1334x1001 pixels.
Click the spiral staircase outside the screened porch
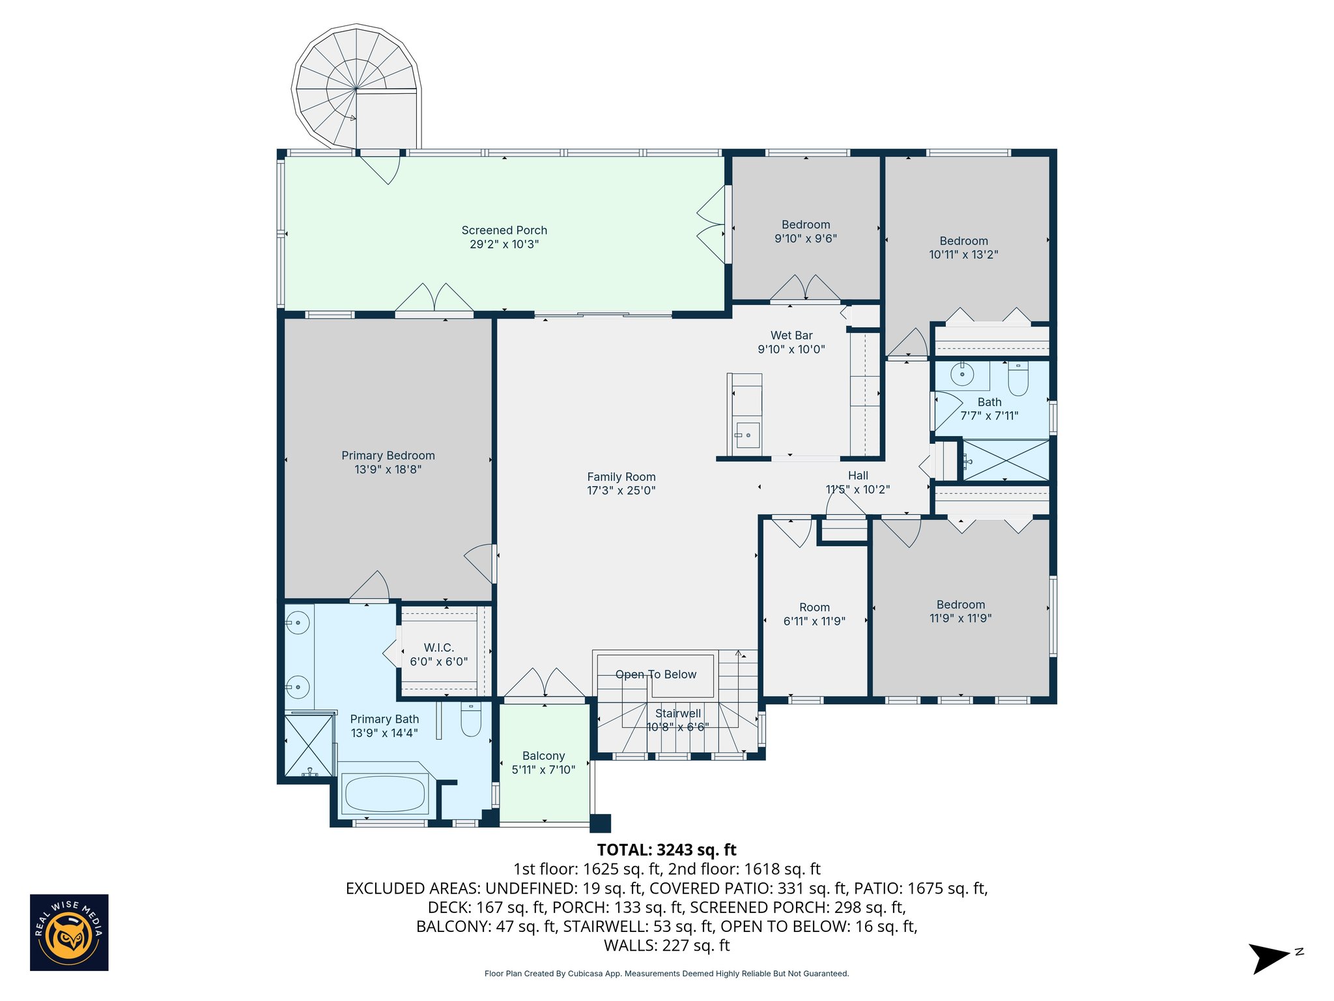click(356, 88)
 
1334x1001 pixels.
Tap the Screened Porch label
click(504, 230)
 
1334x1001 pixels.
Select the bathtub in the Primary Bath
click(384, 793)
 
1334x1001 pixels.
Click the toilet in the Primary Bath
click(470, 719)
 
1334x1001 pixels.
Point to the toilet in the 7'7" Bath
click(1017, 379)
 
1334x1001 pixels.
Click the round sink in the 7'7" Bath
click(962, 375)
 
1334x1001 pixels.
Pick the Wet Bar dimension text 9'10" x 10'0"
click(791, 349)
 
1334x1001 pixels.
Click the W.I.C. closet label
click(438, 647)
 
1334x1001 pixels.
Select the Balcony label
click(543, 756)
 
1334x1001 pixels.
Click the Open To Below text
click(656, 675)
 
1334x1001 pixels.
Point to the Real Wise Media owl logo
click(69, 933)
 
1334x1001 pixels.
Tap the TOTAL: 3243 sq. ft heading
click(666, 850)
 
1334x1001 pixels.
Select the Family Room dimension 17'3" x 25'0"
click(621, 491)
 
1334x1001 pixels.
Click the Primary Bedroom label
click(388, 456)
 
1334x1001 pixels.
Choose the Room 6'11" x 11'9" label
click(814, 614)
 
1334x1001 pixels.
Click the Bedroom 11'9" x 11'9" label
click(960, 611)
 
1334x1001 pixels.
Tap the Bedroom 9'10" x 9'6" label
click(806, 231)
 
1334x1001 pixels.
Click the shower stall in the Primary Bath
click(309, 746)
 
